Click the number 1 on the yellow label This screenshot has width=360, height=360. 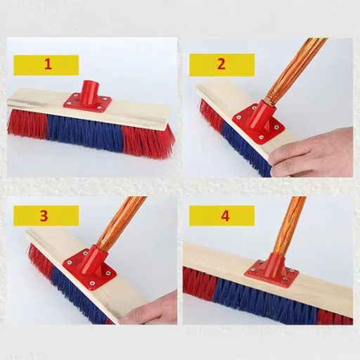click(x=48, y=64)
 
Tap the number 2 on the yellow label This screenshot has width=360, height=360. click(x=221, y=64)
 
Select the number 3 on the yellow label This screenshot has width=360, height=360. click(x=44, y=215)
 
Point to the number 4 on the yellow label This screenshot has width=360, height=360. click(x=225, y=215)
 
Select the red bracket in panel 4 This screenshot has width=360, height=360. click(x=267, y=268)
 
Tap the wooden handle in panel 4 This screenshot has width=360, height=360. click(x=288, y=225)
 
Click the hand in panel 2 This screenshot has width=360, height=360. click(x=316, y=153)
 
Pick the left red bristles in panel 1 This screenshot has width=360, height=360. click(x=27, y=122)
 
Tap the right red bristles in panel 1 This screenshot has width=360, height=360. click(x=148, y=141)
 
